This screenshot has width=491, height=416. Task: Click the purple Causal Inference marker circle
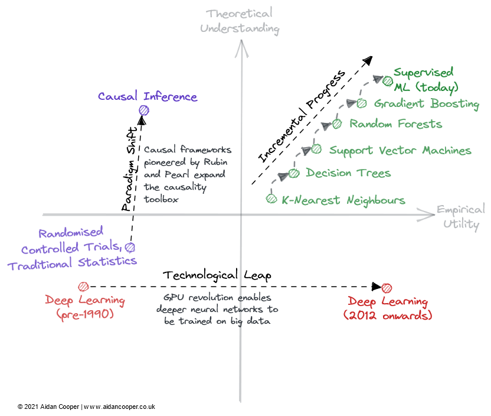143,110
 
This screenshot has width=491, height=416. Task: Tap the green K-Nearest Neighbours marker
271,199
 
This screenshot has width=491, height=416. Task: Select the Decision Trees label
348,173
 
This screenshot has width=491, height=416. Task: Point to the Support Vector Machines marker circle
316,149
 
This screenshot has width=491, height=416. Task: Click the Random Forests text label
395,124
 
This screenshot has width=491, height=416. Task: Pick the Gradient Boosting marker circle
362,103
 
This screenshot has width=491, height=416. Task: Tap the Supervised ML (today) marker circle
387,81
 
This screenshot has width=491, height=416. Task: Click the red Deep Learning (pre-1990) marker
84,287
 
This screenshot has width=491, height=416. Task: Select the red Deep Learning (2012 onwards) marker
387,288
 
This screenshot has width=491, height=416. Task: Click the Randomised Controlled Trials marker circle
130,247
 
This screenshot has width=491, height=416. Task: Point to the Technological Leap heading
210,275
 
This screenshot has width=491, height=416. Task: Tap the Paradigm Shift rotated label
131,168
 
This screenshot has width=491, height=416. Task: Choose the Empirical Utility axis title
461,216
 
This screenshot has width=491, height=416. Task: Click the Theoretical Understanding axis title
239,21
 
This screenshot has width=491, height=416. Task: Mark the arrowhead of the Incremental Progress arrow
368,60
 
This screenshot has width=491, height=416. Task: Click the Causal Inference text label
148,96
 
